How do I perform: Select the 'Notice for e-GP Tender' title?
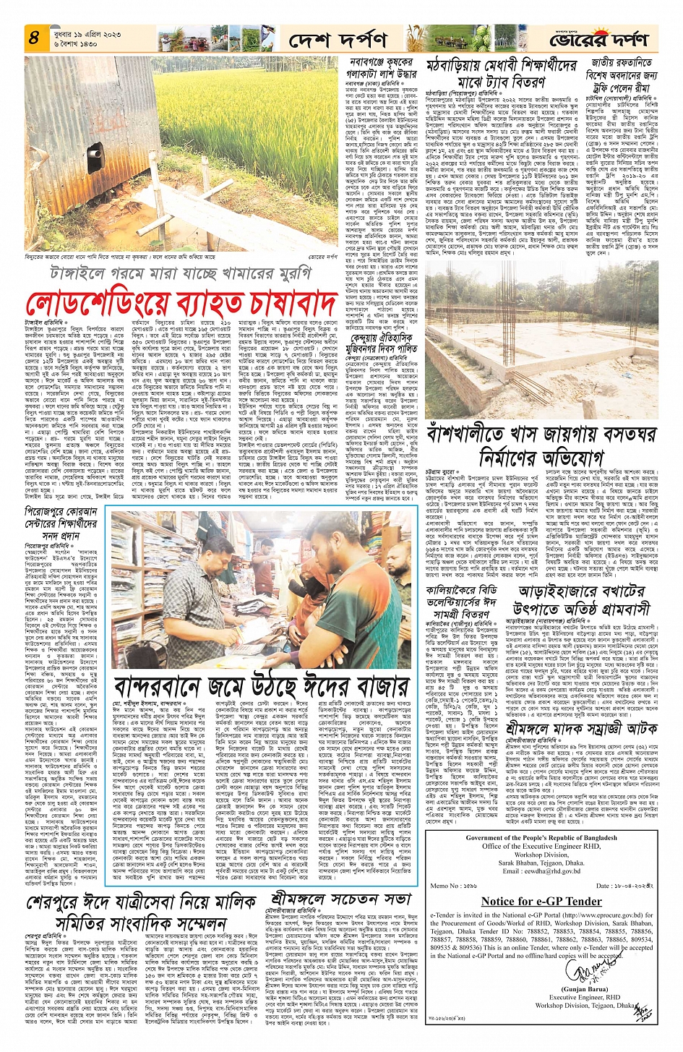point(541,902)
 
